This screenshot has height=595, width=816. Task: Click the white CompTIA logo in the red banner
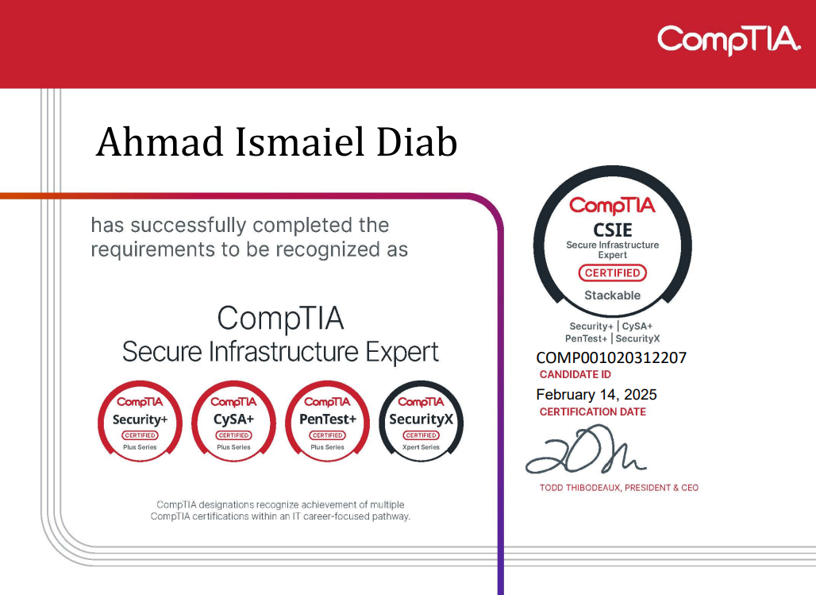coord(729,40)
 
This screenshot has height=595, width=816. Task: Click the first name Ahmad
coord(160,141)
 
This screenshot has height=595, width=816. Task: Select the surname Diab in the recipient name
coord(417,141)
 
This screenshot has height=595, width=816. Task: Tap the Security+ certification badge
coord(140,422)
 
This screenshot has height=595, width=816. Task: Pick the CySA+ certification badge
coord(233,422)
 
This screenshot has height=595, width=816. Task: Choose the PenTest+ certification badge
coord(327,422)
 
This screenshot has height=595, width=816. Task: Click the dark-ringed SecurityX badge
coord(421,422)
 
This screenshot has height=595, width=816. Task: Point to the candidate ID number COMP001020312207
coord(611,358)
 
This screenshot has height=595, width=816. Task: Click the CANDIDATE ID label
coord(575,375)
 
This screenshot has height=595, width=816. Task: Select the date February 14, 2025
coord(596,394)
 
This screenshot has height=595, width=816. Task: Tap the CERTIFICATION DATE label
coord(593,411)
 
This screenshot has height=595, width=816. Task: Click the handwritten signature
coord(586,450)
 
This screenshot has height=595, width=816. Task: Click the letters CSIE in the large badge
coord(613,230)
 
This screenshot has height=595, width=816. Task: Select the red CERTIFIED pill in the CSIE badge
coord(613,273)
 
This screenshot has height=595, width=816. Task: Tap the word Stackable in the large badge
coord(613,296)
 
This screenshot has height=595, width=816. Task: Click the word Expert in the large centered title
coord(402,352)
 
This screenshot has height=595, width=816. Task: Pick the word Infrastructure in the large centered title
coord(283,351)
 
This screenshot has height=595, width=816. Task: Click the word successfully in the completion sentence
coord(188,226)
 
